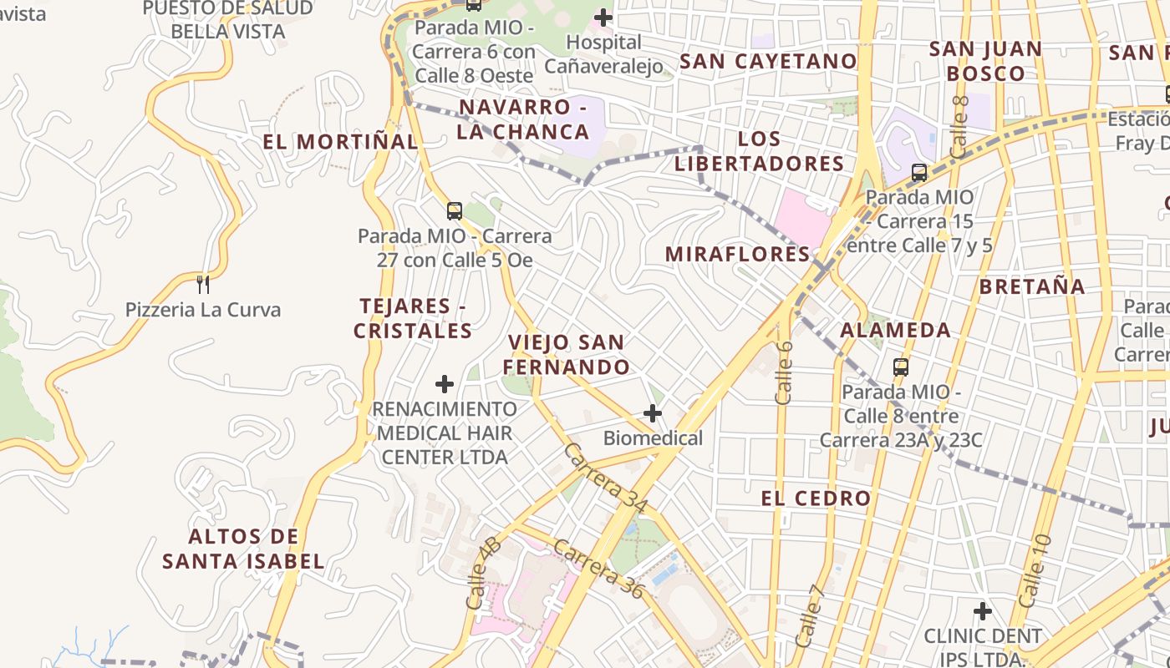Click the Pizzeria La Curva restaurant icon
[x=202, y=285]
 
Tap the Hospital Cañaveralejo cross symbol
[x=603, y=17]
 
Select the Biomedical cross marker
[x=652, y=412]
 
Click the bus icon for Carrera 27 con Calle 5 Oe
[x=454, y=210]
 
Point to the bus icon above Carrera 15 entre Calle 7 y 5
[x=919, y=173]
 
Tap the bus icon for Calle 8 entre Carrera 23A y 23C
[x=901, y=367]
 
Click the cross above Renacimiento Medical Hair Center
[x=445, y=383]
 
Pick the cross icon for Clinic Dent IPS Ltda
[x=983, y=610]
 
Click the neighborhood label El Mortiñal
[x=340, y=142]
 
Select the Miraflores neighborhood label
[x=738, y=254]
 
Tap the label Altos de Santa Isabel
[x=243, y=549]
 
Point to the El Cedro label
[x=816, y=498]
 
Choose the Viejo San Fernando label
[x=566, y=355]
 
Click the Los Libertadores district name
[x=759, y=151]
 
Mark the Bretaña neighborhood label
[x=1032, y=286]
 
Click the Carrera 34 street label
[x=607, y=477]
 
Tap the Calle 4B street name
[x=483, y=573]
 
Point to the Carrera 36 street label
[x=600, y=569]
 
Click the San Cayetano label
[x=768, y=61]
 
